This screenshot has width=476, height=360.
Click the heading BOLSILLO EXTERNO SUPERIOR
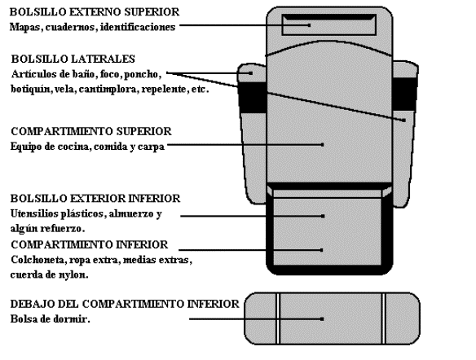pyautogui.click(x=95, y=12)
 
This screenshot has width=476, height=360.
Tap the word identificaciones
pyautogui.click(x=138, y=27)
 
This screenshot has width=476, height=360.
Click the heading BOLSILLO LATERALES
pyautogui.click(x=73, y=59)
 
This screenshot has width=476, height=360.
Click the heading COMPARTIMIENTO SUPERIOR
pyautogui.click(x=91, y=131)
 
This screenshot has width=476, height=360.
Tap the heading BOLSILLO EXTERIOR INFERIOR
pyautogui.click(x=95, y=199)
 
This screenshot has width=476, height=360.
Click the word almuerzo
pyautogui.click(x=132, y=214)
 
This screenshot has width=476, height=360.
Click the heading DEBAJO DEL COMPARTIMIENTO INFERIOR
pyautogui.click(x=125, y=304)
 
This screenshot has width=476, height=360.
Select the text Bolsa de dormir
pyautogui.click(x=50, y=319)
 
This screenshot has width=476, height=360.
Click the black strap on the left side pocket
pyautogui.click(x=252, y=97)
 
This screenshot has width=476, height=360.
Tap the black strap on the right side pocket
pyautogui.click(x=404, y=94)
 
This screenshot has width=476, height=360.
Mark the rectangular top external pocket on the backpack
pyautogui.click(x=329, y=25)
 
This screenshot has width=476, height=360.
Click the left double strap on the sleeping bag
pyautogui.click(x=278, y=318)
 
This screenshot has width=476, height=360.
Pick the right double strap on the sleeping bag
pyautogui.click(x=384, y=318)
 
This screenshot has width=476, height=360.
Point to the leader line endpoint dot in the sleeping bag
pyautogui.click(x=322, y=319)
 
